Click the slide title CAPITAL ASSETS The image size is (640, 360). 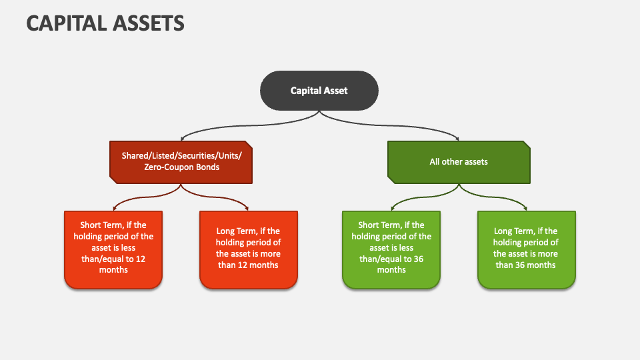(x=105, y=23)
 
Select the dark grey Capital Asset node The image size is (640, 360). (x=319, y=91)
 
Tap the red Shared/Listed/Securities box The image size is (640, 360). (x=181, y=161)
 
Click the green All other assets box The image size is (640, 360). (x=459, y=161)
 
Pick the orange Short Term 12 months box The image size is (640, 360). (x=113, y=249)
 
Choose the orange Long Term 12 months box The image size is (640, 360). (x=249, y=249)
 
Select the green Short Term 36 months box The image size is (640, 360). (x=391, y=249)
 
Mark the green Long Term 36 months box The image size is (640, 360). (x=526, y=249)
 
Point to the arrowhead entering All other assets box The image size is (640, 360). (x=458, y=138)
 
